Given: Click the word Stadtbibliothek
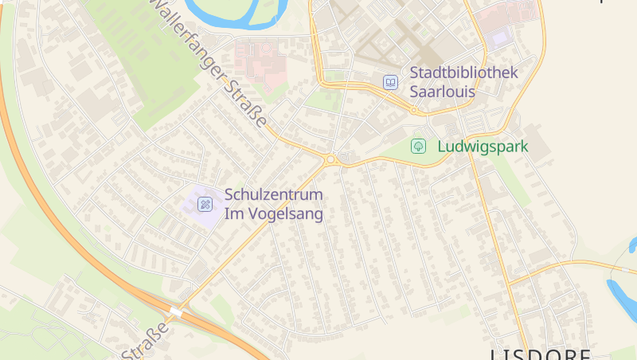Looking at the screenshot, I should [x=463, y=72].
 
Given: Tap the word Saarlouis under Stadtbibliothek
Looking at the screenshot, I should [x=442, y=92].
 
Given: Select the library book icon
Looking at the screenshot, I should [x=390, y=82].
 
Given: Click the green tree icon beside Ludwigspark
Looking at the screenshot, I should [x=417, y=146].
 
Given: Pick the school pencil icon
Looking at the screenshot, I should [x=205, y=205].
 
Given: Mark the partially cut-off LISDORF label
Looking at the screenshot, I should [x=541, y=354].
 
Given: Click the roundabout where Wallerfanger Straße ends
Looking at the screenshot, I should [x=331, y=158].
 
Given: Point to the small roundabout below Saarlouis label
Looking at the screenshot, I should [x=413, y=111].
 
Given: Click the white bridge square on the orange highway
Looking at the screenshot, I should [x=176, y=313].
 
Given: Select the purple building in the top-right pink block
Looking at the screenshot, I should [x=500, y=37].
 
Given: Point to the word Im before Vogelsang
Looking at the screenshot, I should [x=235, y=213].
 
